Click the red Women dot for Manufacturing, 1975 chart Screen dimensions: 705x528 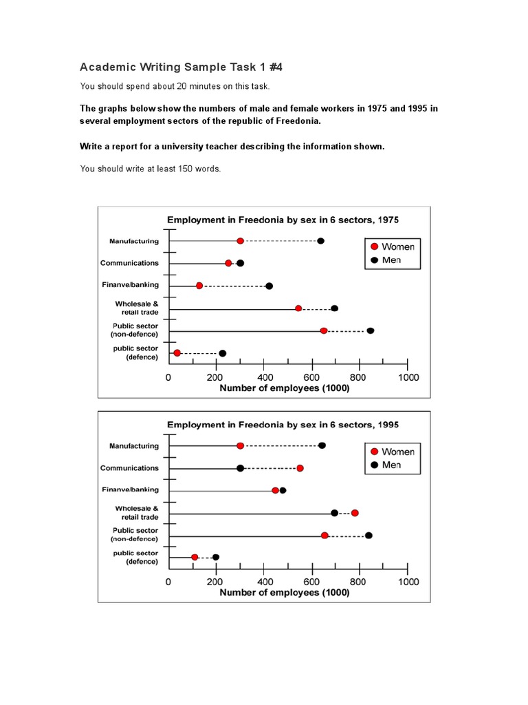tap(240, 241)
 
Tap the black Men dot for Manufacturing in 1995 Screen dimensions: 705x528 tap(322, 445)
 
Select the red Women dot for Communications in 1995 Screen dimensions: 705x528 tap(300, 468)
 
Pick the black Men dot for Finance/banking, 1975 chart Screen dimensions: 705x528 tap(269, 286)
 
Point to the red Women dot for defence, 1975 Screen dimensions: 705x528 tap(177, 353)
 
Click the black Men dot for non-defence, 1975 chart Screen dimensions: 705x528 tap(371, 331)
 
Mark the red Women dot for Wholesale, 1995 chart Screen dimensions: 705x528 tap(355, 513)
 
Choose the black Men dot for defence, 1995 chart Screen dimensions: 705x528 tap(216, 557)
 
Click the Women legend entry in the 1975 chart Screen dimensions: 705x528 tap(392, 246)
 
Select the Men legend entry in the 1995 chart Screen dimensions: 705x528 tap(392, 465)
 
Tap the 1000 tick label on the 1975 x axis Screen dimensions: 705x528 tap(408, 377)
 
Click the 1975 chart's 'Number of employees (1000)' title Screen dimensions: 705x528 tap(284, 388)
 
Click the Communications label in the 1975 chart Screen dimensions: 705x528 tap(129, 263)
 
